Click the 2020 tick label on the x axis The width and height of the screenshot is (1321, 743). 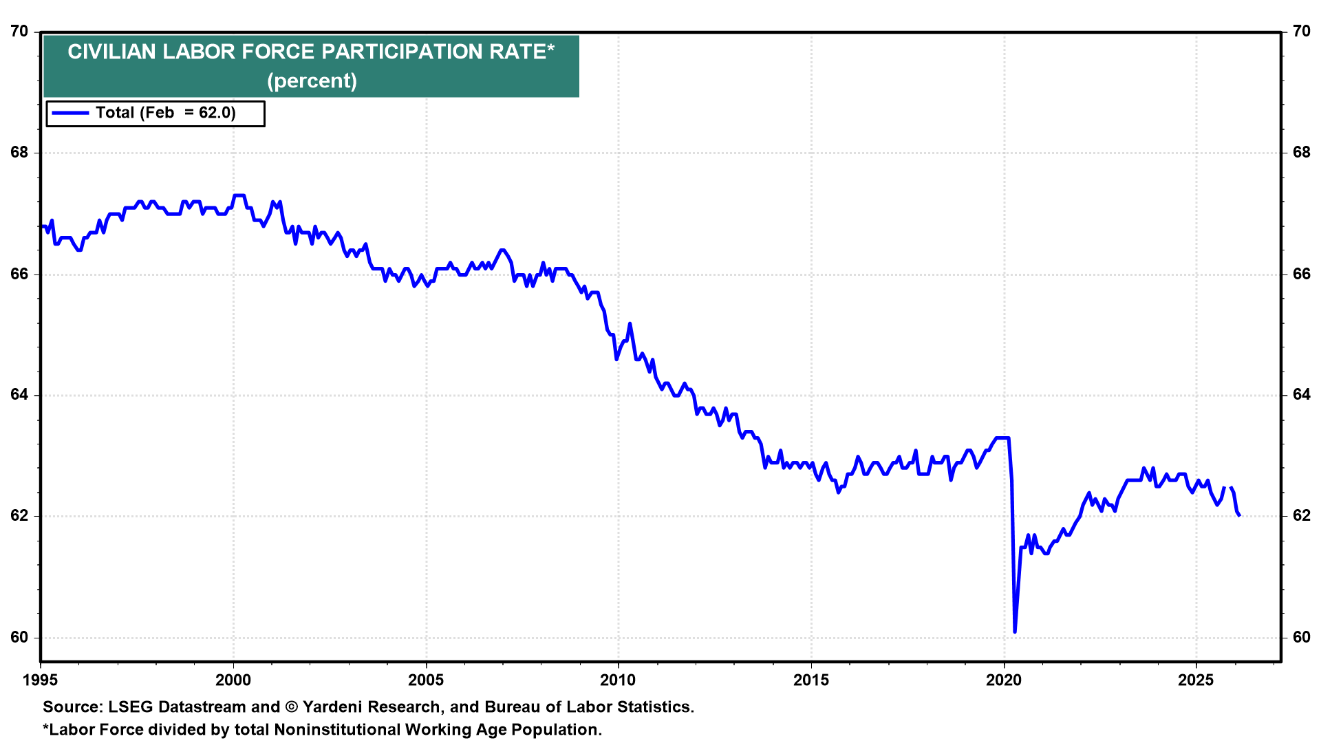pos(1004,680)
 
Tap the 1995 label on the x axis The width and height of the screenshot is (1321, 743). pos(41,680)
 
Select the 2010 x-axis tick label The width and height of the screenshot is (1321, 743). pos(619,680)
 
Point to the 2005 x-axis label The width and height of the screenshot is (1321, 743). pos(426,680)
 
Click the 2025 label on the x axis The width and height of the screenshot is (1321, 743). pos(1196,680)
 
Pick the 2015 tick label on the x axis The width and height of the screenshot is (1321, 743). pos(811,680)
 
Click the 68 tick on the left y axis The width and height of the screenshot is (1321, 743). pos(19,152)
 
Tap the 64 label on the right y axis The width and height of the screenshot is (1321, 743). pos(1302,395)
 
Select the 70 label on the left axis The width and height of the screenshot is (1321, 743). pos(19,31)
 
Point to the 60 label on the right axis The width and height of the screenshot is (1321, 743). pos(1302,637)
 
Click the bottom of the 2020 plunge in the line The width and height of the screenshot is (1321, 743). pos(1015,632)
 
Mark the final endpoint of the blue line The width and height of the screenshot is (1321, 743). pos(1239,515)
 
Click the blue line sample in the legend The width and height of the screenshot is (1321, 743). pos(70,113)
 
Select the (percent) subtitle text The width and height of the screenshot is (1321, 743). pos(312,80)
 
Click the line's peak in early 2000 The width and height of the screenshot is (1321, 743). pos(239,195)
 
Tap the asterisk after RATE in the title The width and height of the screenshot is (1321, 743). pos(550,47)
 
